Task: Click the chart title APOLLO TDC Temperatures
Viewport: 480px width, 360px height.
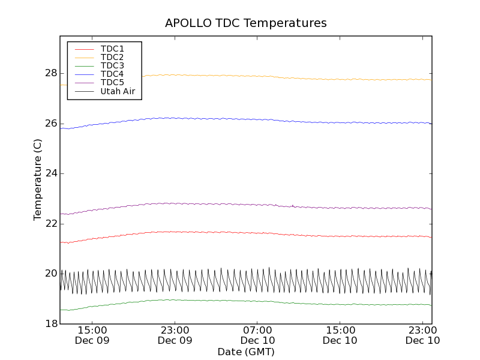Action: [246, 23]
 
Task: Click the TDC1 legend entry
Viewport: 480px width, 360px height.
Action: [112, 49]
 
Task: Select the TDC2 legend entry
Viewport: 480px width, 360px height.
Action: [112, 57]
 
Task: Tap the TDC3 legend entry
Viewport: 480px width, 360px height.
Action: [112, 65]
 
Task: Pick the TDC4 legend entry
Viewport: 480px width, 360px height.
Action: [112, 74]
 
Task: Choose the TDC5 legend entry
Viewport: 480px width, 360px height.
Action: [112, 82]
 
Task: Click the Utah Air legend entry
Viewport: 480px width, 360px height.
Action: [118, 91]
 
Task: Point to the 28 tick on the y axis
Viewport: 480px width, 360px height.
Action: [50, 73]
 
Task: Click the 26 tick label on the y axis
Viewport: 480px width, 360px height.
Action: [50, 124]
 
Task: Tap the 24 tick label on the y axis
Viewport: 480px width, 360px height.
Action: [50, 173]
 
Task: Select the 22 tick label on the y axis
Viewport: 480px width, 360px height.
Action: [50, 224]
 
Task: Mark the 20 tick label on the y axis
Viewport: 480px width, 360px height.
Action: [50, 274]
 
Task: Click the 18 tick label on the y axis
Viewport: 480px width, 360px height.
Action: [50, 324]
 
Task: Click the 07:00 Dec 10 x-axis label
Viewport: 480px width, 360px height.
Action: [257, 335]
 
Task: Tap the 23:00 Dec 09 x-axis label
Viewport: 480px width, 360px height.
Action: [175, 335]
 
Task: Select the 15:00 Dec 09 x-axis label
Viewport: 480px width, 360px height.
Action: [92, 335]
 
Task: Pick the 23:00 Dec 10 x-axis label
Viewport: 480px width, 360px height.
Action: [423, 335]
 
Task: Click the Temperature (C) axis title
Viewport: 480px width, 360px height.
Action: [38, 180]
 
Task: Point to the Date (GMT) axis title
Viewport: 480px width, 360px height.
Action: [246, 352]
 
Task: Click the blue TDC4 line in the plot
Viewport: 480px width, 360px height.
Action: [240, 119]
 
